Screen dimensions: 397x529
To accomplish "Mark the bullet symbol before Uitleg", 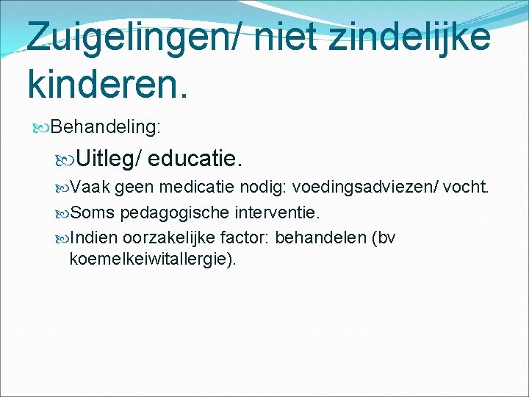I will click(x=65, y=158).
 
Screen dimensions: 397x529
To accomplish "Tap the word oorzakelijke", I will click(x=169, y=238).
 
